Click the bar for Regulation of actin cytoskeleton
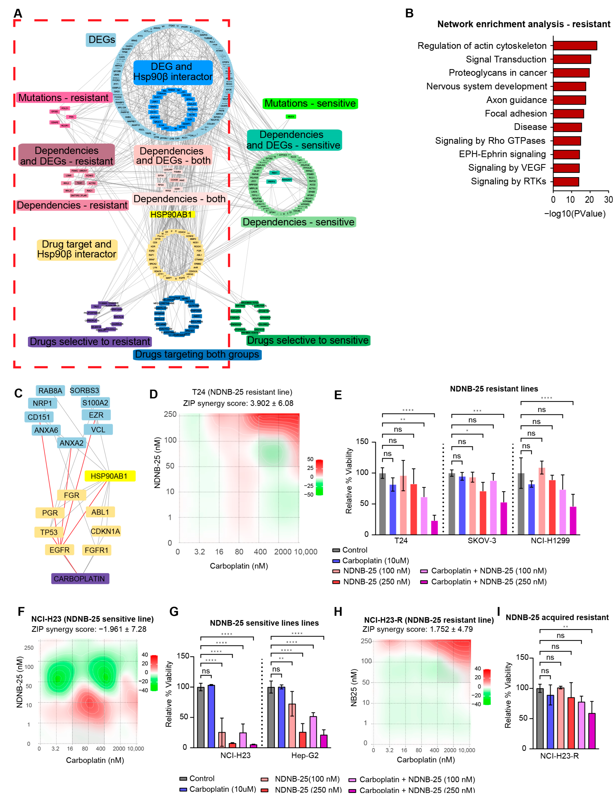point(575,46)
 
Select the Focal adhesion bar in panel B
point(568,114)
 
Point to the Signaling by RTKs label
point(508,181)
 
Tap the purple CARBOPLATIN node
point(80,578)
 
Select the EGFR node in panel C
point(59,550)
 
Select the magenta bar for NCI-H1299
point(573,521)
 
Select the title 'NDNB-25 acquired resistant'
point(557,617)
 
